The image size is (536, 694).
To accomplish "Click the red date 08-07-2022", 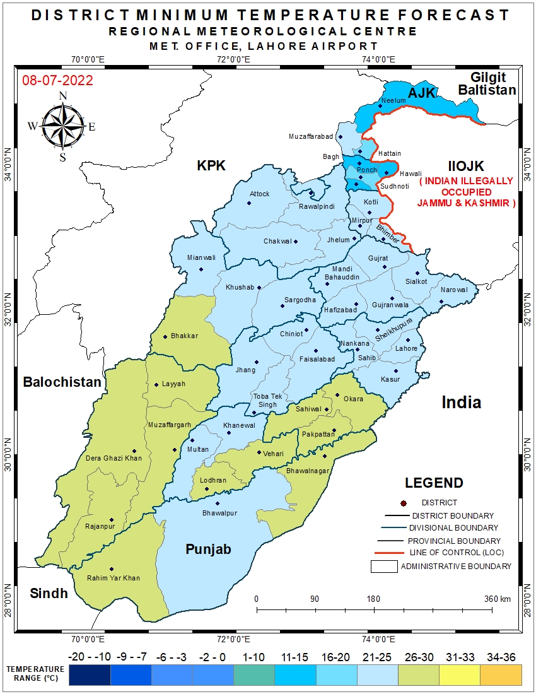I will click(x=57, y=81).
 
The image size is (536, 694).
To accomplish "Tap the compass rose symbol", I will click(x=62, y=125).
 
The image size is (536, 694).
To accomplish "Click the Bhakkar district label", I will click(x=184, y=336).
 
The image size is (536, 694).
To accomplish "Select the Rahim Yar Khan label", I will click(x=114, y=578).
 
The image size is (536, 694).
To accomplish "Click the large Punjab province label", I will click(x=208, y=550).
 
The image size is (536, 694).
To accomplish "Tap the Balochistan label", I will click(x=62, y=382).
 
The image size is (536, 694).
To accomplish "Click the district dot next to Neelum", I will click(x=380, y=106).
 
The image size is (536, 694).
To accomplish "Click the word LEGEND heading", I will click(x=434, y=483).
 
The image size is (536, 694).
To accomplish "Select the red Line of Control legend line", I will click(x=387, y=553).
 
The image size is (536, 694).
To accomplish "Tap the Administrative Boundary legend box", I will click(x=384, y=567).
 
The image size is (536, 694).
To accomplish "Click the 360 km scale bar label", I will click(x=496, y=599).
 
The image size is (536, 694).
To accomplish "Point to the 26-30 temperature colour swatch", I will click(x=419, y=675).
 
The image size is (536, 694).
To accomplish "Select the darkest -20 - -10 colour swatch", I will click(x=90, y=675).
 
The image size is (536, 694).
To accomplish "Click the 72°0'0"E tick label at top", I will click(x=234, y=60).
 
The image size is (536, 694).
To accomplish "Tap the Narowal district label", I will click(x=455, y=290).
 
